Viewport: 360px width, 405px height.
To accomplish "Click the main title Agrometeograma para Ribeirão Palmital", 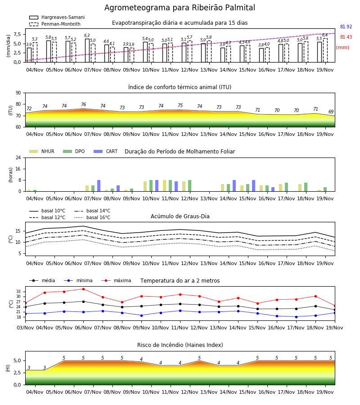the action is coord(180,8).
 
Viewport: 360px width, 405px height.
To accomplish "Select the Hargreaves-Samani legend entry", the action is coord(57,17).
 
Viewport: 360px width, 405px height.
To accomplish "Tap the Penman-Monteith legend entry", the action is coord(55,24).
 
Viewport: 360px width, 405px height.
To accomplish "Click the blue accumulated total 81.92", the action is coord(346,27).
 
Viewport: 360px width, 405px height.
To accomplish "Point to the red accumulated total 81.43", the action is coord(346,37).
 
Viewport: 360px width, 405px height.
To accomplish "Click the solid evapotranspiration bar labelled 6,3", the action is coord(87,50).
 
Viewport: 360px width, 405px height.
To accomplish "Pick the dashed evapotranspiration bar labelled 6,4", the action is coord(325,50).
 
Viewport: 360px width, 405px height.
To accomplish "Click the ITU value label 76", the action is coord(83,104).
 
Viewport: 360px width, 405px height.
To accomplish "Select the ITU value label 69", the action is coord(331,112).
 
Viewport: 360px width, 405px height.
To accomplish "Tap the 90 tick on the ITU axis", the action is coord(18,93).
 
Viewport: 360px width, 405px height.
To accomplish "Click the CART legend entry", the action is coord(106,151).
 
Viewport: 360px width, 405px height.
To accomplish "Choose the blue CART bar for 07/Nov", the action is coord(99,186).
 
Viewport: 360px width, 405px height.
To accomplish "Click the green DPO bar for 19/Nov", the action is coord(325,189).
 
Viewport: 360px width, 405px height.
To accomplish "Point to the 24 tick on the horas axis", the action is coord(18,157).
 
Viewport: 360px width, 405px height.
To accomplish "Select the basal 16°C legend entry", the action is coord(92,217).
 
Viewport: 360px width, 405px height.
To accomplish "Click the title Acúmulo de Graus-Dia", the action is coord(180,216).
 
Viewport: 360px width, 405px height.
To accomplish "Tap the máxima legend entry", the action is coord(116,280).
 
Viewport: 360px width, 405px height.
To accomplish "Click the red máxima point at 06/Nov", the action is coord(83,289).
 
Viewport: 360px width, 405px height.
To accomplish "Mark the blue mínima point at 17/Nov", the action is coord(296,317).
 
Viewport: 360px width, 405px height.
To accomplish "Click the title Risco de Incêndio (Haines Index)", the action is coord(180,345).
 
